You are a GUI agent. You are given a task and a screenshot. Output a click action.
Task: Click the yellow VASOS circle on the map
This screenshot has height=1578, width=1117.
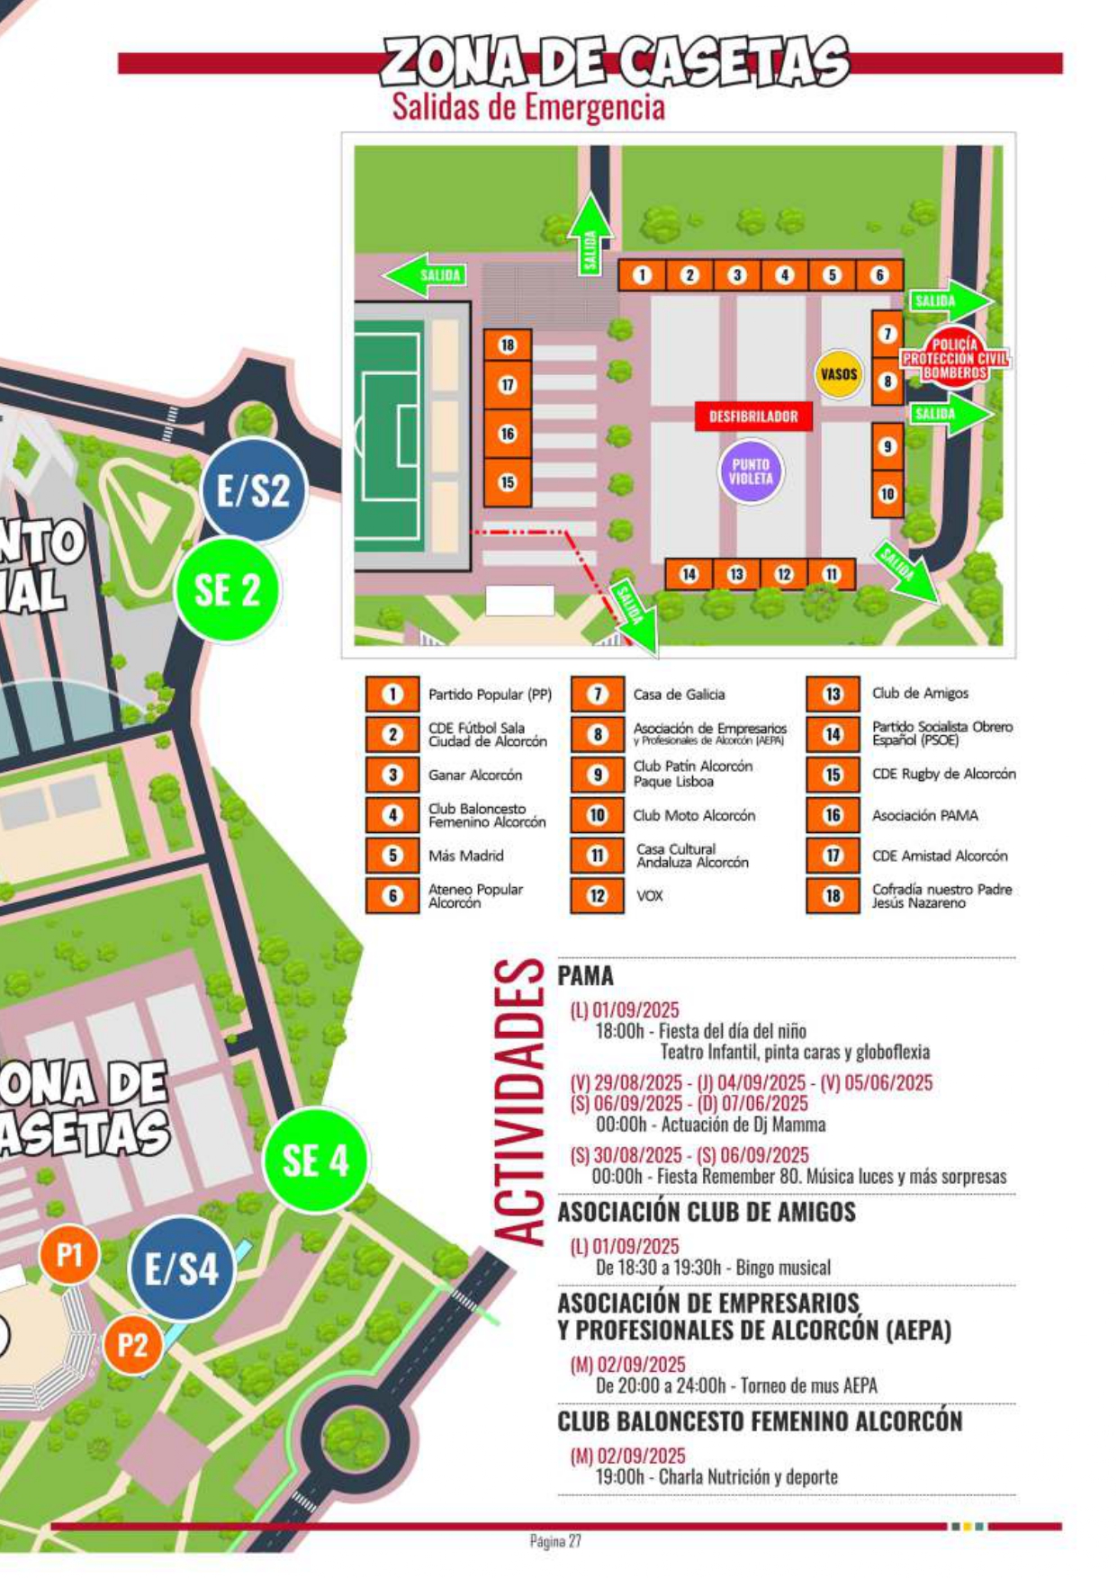838,373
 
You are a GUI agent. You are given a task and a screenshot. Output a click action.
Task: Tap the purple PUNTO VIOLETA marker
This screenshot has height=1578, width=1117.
751,471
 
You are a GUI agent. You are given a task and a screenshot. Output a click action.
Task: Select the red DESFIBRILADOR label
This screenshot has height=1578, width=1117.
753,417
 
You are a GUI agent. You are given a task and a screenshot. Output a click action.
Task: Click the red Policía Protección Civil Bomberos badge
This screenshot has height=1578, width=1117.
954,358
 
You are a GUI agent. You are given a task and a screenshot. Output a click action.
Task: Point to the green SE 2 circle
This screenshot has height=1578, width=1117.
228,590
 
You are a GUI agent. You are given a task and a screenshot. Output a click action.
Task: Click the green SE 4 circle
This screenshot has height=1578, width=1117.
315,1161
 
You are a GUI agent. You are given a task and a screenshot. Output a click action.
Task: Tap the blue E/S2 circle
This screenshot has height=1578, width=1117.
253,490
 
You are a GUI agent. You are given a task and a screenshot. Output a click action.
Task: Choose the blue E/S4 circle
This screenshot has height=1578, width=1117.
182,1269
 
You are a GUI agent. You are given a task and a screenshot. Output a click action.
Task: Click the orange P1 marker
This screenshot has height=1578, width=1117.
69,1254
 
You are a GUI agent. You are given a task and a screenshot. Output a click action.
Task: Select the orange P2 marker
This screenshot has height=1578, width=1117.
131,1345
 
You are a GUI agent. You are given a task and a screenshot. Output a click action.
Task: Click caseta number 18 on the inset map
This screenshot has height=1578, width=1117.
508,345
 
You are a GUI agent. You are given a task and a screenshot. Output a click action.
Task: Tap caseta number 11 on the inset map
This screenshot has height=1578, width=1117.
831,574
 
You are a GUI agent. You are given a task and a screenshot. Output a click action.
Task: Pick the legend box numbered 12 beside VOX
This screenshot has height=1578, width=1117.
598,896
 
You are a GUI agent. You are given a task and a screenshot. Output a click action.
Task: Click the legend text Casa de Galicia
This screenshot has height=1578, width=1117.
679,695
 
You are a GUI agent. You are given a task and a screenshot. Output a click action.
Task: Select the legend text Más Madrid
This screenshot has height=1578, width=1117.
465,856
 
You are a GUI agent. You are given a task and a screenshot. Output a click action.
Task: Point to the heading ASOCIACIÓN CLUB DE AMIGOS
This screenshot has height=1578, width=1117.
707,1212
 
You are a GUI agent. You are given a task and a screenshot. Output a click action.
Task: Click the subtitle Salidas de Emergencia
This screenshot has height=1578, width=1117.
528,107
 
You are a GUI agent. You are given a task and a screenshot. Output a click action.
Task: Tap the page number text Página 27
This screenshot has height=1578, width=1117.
555,1541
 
